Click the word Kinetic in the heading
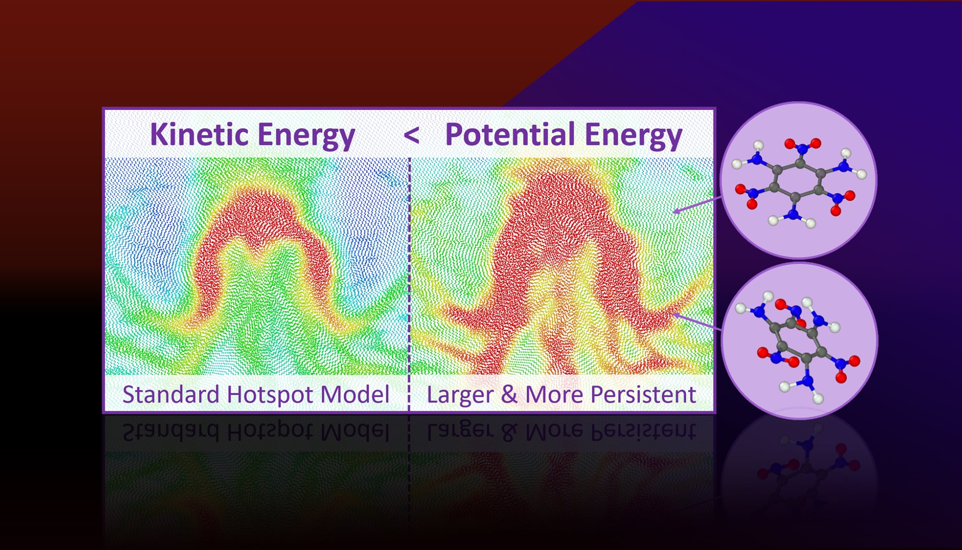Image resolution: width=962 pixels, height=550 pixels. tap(199, 134)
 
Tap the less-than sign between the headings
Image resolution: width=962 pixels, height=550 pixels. tap(411, 136)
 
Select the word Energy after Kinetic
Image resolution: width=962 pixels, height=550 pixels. tap(306, 136)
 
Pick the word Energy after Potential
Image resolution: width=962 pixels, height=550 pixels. tap(634, 136)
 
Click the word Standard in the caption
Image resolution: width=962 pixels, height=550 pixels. tap(171, 394)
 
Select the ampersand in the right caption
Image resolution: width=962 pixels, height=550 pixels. tap(509, 394)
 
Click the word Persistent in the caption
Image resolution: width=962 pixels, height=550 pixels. tap(643, 394)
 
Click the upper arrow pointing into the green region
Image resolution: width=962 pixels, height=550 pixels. tap(697, 205)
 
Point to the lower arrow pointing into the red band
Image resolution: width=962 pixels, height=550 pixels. tap(697, 322)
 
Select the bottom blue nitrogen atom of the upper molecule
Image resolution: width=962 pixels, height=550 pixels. tap(793, 214)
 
